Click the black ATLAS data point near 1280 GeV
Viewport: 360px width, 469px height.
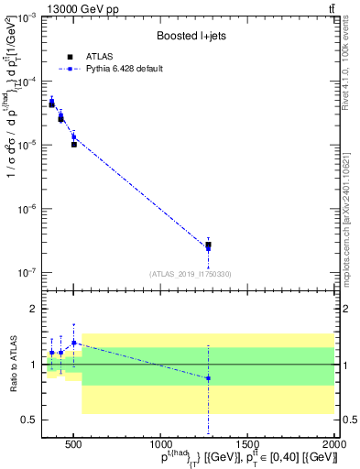coord(209,245)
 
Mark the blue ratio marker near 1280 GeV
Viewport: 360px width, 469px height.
coord(209,378)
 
